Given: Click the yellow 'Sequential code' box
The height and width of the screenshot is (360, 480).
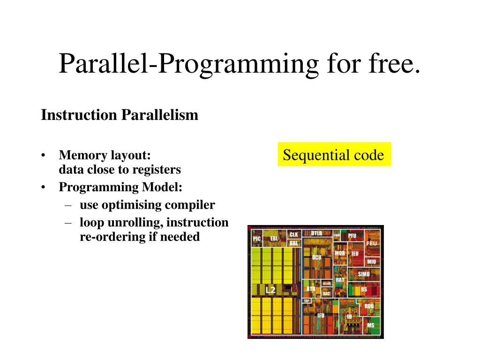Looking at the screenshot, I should coord(334,155).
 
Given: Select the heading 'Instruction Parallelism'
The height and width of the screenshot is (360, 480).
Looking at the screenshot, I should coord(120,115).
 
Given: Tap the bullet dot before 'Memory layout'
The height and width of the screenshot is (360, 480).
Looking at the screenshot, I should coord(44,156).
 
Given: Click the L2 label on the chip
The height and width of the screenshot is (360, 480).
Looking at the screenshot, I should coord(270,290).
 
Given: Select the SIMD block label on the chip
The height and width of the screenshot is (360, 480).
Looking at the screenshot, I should coord(364,274).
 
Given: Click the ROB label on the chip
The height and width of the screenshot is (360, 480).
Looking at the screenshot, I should coord(369,306).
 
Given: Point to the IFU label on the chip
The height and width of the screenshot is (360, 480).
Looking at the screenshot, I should coord(321,315).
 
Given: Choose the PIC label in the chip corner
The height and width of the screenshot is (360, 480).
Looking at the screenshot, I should coord(257,239).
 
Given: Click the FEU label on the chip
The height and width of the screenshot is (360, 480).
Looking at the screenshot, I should coord(371,243).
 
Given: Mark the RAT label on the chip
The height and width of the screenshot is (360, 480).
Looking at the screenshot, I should coord(340,280).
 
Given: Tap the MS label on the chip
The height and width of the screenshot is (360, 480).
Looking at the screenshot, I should coord(370,325).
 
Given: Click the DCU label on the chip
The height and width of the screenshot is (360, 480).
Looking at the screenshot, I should coord(317,257).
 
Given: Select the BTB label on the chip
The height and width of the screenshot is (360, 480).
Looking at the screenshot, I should coord(311,289).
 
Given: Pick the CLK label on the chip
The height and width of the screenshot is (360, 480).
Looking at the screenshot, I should coord(293,234).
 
